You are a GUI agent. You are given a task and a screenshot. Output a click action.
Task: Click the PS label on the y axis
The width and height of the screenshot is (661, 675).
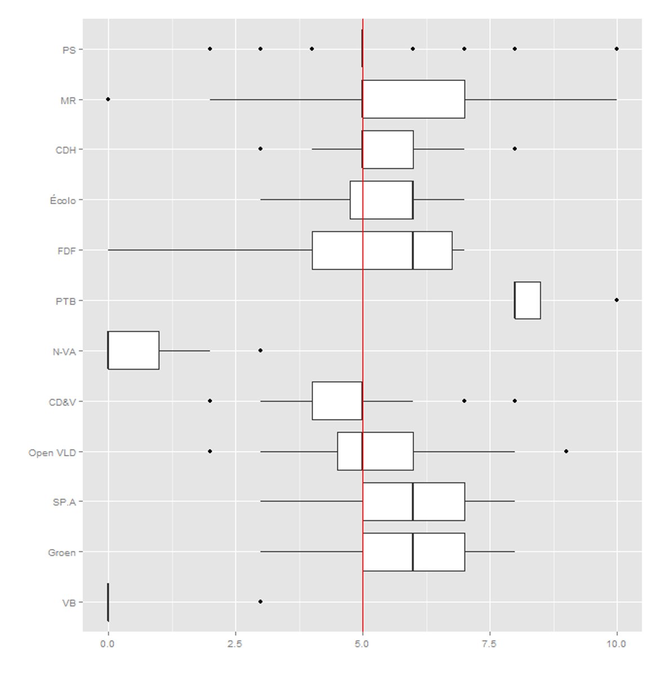[x=69, y=49]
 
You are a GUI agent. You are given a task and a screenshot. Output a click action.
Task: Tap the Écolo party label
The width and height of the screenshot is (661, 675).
[x=62, y=200]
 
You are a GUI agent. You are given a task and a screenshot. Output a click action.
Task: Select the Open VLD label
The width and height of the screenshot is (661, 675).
[x=52, y=452]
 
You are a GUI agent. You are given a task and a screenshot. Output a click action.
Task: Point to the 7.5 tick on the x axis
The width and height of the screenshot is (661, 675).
[x=490, y=644]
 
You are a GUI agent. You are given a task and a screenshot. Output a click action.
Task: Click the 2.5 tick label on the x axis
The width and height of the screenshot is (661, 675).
[x=235, y=644]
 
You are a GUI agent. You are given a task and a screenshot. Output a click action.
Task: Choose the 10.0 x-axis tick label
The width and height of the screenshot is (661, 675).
[x=617, y=644]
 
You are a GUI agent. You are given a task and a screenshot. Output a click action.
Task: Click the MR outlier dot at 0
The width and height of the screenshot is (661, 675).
[x=108, y=99]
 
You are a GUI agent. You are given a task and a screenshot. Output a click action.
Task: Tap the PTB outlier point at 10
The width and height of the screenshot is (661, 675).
[x=617, y=300]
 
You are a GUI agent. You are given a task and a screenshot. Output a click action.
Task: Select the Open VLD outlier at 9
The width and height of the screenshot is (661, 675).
[x=566, y=451]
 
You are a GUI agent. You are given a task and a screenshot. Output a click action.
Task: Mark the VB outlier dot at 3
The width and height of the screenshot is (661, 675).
[x=260, y=601]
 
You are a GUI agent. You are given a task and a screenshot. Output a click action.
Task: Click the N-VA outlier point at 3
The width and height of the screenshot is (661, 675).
[x=260, y=350]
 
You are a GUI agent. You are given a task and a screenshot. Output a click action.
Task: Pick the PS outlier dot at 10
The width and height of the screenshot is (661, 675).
[x=617, y=49]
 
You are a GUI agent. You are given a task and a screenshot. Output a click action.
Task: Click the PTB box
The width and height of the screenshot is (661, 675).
[x=528, y=300]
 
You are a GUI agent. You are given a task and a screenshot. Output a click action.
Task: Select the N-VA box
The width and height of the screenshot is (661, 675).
[x=133, y=350]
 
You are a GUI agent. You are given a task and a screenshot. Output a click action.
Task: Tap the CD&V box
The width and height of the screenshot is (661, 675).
[x=337, y=400]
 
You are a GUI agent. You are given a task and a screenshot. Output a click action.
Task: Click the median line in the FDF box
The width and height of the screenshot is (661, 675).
[x=413, y=250]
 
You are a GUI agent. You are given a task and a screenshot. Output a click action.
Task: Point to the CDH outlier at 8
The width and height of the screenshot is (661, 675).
[x=515, y=149]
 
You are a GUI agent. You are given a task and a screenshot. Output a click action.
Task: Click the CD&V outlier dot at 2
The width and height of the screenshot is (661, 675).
[x=210, y=401]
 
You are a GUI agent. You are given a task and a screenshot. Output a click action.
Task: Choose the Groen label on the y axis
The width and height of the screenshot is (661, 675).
[x=62, y=553]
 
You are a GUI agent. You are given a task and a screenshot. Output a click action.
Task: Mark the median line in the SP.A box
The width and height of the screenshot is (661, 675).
[x=413, y=502]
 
